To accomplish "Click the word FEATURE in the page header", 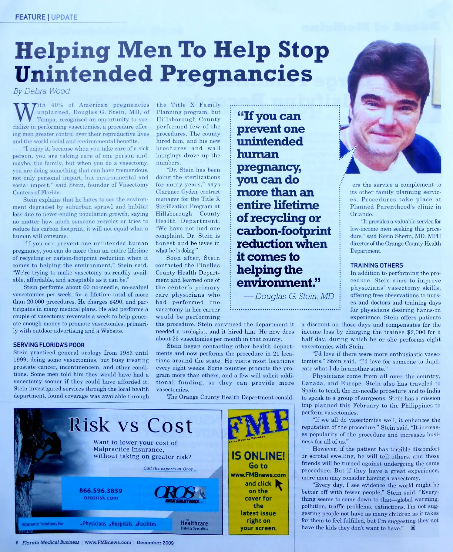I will (x=30, y=17).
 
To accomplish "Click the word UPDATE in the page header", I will (x=64, y=17).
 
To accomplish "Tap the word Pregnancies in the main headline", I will (x=236, y=74).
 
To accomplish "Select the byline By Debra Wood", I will (x=42, y=91).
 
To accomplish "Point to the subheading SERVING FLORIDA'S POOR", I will (x=49, y=345).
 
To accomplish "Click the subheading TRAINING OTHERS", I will (x=377, y=265).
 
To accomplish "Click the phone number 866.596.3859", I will (x=101, y=491).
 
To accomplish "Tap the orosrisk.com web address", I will (x=101, y=498).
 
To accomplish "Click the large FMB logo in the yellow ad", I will (x=258, y=423).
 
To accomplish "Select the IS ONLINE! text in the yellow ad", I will (x=258, y=456).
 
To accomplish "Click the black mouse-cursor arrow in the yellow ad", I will (x=279, y=485).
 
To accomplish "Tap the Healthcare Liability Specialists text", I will (x=194, y=524).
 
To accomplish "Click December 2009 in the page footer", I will (x=155, y=542).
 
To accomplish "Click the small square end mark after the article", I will (x=413, y=528).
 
